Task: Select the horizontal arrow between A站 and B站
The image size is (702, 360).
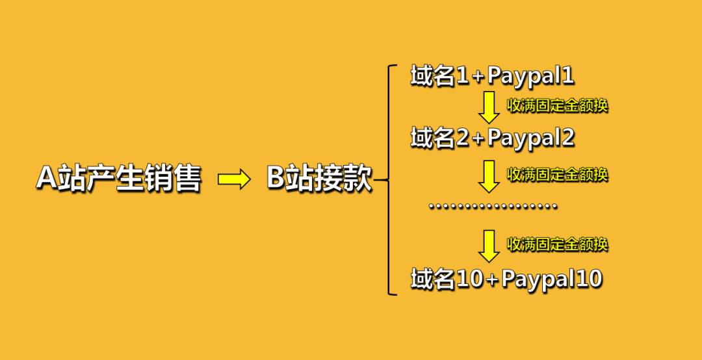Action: pos(234,179)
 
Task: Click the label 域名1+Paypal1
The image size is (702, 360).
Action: pos(492,77)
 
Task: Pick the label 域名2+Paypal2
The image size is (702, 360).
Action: pos(493,138)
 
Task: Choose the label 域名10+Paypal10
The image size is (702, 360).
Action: pos(506,279)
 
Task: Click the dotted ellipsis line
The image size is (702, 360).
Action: pos(493,207)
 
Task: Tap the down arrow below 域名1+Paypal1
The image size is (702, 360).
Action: pos(489,108)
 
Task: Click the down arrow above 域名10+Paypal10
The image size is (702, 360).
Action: pos(489,246)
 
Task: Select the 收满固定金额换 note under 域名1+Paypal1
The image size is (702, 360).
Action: pos(557,105)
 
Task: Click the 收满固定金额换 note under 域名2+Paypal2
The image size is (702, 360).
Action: pos(557,174)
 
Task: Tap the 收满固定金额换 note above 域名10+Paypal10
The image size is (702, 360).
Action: pos(557,244)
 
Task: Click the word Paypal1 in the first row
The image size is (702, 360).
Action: pos(530,77)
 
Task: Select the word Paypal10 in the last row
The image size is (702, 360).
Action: pos(552,279)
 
